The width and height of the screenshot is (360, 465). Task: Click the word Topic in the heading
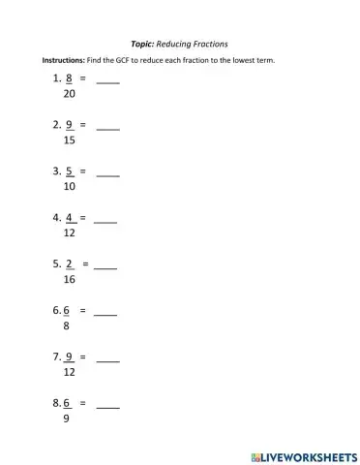(142, 43)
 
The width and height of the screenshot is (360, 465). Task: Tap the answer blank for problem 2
(108, 127)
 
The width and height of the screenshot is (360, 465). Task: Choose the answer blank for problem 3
(108, 173)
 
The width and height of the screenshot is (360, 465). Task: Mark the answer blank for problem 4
(105, 222)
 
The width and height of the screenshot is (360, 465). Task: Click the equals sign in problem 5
(86, 263)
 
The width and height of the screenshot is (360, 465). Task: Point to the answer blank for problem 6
(105, 314)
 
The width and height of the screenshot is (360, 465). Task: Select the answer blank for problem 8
(108, 407)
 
